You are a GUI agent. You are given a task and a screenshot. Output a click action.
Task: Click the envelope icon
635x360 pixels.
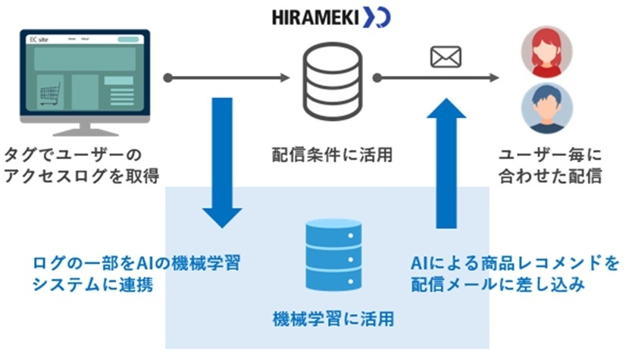(x=446, y=57)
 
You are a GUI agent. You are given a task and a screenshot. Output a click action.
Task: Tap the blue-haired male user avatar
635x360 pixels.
(x=547, y=108)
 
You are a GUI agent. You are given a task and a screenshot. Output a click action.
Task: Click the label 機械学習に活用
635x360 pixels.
(x=333, y=318)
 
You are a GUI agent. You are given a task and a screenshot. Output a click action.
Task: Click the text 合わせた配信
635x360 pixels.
(x=549, y=177)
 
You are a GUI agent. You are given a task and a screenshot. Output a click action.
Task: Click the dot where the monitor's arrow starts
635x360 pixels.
(x=168, y=77)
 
